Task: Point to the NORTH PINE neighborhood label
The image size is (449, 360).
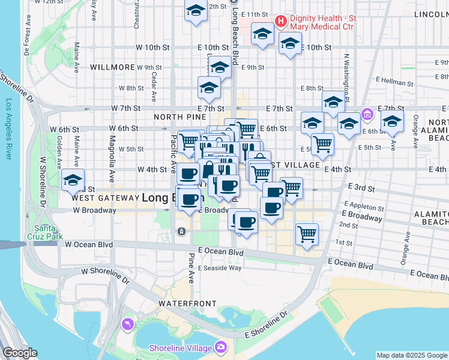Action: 176,117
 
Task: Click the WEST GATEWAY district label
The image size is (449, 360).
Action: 105,197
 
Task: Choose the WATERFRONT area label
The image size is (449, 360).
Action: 182,304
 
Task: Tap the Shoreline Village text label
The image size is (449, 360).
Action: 181,348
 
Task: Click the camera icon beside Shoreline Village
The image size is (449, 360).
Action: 221,347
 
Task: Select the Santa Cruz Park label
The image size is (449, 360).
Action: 49,232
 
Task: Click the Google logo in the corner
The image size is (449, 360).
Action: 20,353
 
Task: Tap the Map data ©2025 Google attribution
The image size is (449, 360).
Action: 412,355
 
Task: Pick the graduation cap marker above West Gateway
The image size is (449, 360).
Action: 73,181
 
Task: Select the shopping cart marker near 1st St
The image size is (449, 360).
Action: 307,234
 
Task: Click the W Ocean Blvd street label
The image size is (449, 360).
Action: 89,244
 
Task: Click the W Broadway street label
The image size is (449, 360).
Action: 94,211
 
